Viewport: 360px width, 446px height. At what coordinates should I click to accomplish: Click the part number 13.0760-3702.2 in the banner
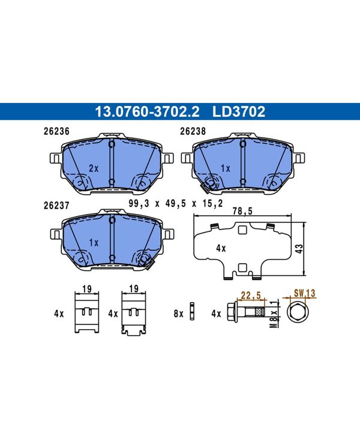tap(147, 111)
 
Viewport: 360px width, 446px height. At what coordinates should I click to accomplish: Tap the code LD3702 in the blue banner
tap(239, 111)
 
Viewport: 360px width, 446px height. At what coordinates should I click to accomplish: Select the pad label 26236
tap(56, 131)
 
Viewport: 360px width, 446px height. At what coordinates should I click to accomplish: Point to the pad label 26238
tap(193, 131)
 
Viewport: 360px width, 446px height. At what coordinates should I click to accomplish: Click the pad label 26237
tap(56, 206)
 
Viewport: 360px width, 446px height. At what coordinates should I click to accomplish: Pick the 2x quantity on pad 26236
tap(94, 168)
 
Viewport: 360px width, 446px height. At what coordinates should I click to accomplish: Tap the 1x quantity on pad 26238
tap(226, 168)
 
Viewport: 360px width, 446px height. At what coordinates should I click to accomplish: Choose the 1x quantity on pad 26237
tap(94, 243)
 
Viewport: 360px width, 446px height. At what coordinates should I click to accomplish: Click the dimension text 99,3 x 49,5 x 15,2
tap(176, 204)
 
